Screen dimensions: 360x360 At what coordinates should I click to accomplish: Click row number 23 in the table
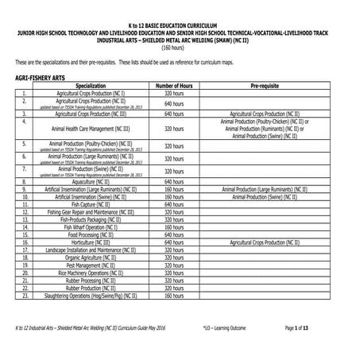click(25, 296)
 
